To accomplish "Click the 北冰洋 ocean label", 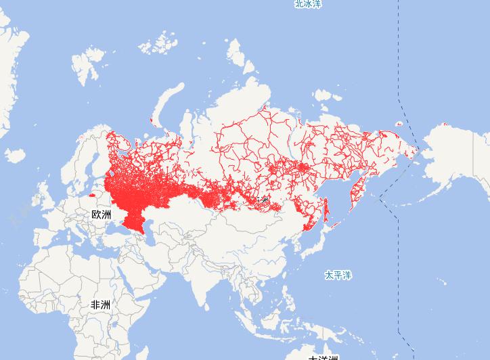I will pyautogui.click(x=308, y=4).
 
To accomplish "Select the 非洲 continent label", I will pyautogui.click(x=100, y=305).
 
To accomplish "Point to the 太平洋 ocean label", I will pyautogui.click(x=338, y=275).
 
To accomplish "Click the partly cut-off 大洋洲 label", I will pyautogui.click(x=323, y=356).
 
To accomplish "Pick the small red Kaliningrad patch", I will pyautogui.click(x=92, y=196).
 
